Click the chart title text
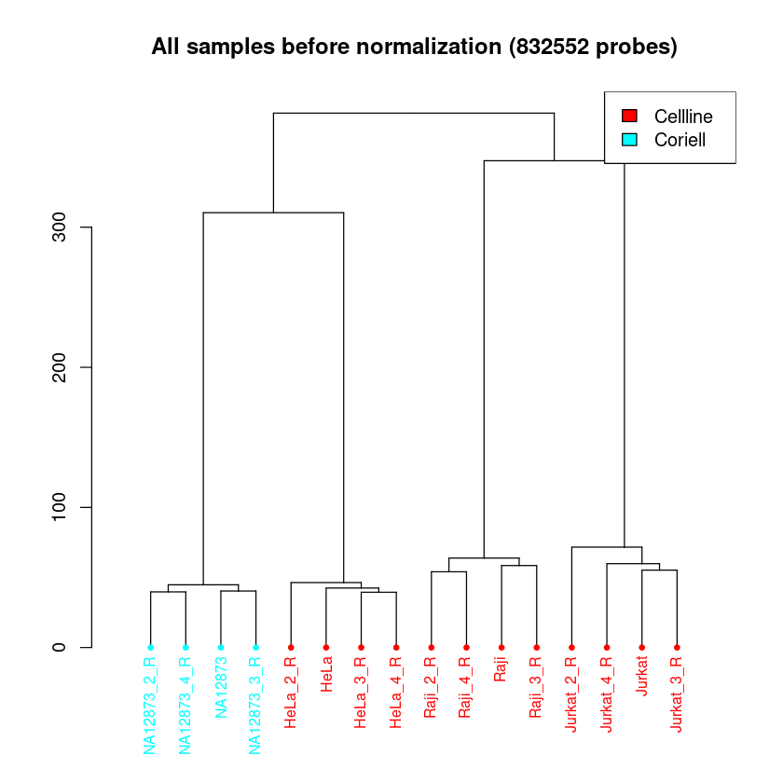pyautogui.click(x=414, y=46)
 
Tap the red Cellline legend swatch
pyautogui.click(x=629, y=116)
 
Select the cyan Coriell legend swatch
pyautogui.click(x=629, y=139)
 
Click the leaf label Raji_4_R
pyautogui.click(x=466, y=691)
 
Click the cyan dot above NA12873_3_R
pyautogui.click(x=255, y=647)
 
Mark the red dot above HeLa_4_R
pyautogui.click(x=396, y=647)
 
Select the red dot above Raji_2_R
pyautogui.click(x=432, y=647)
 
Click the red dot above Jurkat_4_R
pyautogui.click(x=607, y=647)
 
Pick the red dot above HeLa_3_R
pyautogui.click(x=361, y=647)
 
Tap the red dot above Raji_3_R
pyautogui.click(x=537, y=647)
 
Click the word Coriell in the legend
pyautogui.click(x=680, y=140)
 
